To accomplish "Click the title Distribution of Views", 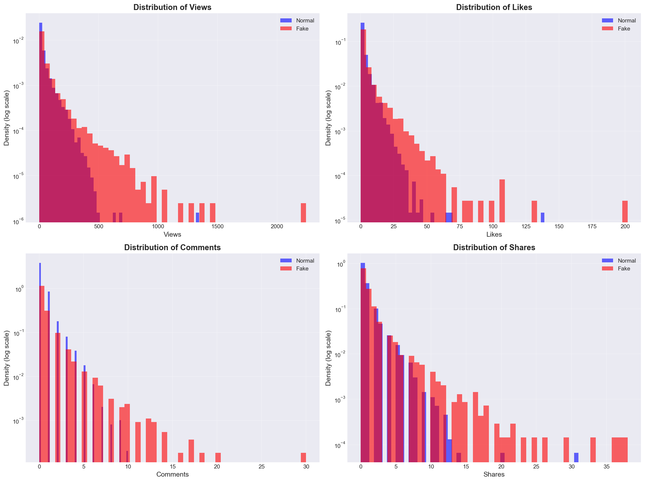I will [172, 7].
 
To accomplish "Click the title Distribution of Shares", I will [494, 247].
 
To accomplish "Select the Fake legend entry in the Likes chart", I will [623, 29].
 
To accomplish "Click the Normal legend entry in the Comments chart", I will [305, 261].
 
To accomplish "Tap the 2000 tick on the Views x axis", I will [277, 227].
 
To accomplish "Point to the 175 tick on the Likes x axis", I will [592, 227].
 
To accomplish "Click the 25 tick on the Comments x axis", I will [262, 467].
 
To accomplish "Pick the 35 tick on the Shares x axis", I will [607, 467].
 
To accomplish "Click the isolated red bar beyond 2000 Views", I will [303, 213].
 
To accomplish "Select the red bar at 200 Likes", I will [625, 211].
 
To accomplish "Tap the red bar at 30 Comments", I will [303, 457].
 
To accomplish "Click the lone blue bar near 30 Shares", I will [576, 457].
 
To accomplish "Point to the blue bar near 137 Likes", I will [542, 217].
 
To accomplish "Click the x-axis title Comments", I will [172, 474].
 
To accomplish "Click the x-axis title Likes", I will [494, 235].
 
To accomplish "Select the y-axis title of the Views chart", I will [6, 118].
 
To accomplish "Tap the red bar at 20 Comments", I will [218, 457].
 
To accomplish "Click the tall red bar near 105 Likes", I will [502, 201].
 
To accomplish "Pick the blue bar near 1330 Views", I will [198, 217].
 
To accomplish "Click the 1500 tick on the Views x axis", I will [217, 227].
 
